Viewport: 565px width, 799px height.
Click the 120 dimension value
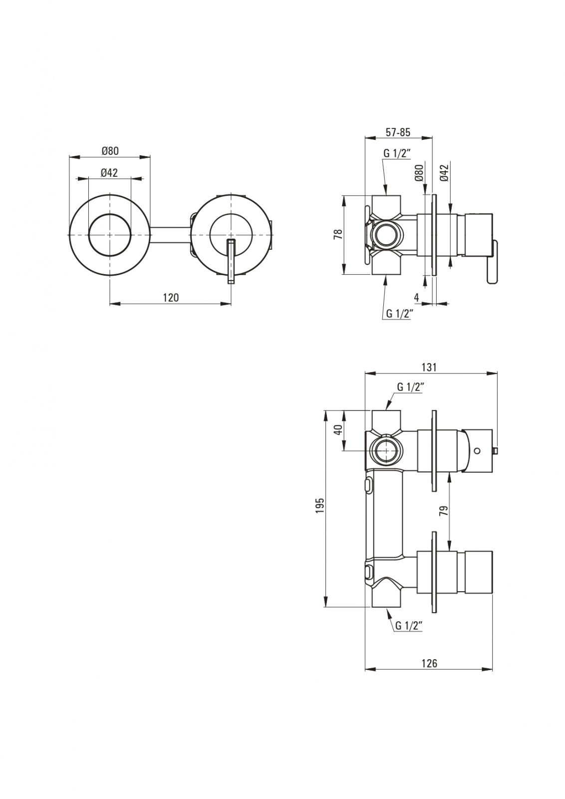(171, 298)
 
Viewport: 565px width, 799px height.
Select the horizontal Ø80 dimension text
(110, 151)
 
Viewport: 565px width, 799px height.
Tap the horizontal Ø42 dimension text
(109, 173)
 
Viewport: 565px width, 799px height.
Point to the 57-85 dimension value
(398, 132)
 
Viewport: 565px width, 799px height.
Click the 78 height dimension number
(338, 235)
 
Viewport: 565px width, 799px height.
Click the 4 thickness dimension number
(416, 298)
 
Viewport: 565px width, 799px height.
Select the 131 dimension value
(429, 368)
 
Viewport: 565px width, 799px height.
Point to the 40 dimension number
(338, 430)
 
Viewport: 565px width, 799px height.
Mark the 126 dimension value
(429, 663)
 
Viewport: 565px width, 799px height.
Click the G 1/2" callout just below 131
(410, 387)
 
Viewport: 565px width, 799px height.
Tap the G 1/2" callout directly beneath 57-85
(397, 153)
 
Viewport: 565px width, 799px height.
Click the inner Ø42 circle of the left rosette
(109, 235)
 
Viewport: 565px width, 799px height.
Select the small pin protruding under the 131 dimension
(496, 451)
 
